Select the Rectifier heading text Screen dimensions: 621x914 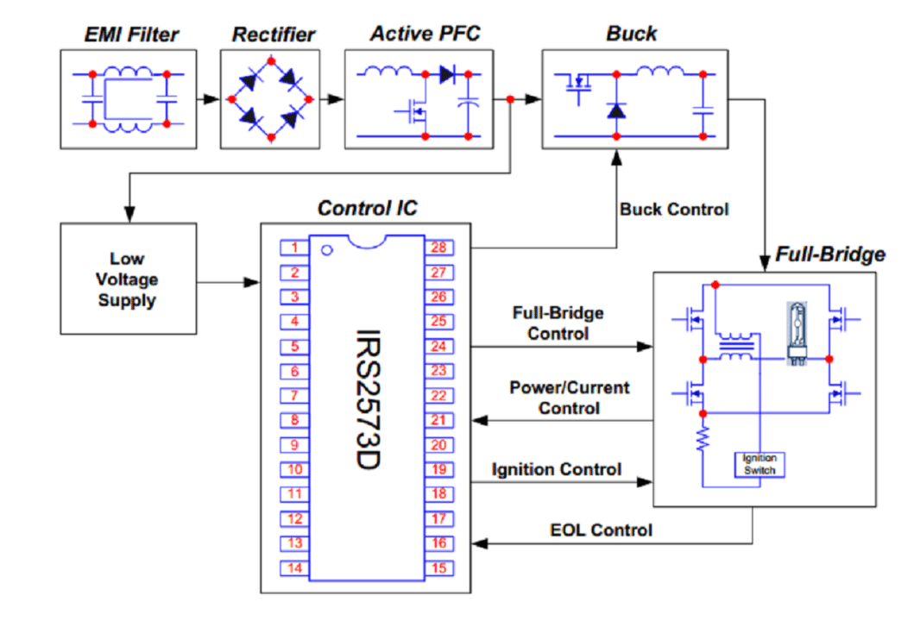coord(273,35)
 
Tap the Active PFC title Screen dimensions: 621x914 coord(425,34)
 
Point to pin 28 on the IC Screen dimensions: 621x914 coord(438,248)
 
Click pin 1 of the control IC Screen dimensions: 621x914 coord(294,248)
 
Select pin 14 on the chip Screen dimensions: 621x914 coord(294,568)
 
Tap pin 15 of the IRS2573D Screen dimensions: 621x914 coord(438,568)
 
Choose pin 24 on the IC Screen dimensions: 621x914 coord(438,347)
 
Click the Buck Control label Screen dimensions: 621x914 coord(673,210)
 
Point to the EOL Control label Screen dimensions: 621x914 coord(601,530)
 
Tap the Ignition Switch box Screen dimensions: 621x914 coord(759,464)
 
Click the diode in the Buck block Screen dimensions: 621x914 coord(615,110)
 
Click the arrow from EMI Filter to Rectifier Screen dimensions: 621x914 coord(208,99)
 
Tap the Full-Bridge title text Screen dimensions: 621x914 coord(829,254)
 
